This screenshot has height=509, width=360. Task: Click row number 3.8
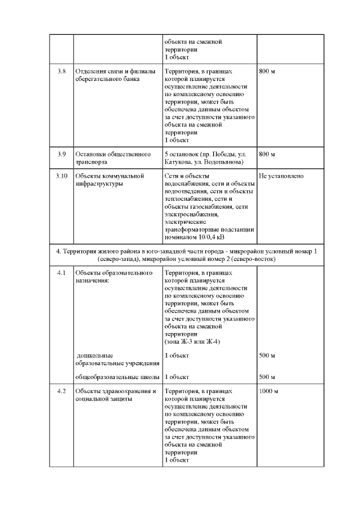(62, 71)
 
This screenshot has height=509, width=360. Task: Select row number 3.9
(62, 154)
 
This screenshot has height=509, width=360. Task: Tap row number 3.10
(62, 176)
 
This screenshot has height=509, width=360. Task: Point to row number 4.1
(62, 273)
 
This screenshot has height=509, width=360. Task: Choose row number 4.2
(62, 391)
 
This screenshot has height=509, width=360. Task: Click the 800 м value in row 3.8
(267, 71)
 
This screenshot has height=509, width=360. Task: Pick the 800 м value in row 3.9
(267, 154)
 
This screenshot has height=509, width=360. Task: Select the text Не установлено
(282, 176)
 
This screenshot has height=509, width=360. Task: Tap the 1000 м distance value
(269, 391)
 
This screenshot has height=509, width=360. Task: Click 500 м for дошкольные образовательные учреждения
(267, 355)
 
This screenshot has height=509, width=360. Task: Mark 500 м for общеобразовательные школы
(267, 377)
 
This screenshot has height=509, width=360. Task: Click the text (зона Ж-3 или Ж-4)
(192, 341)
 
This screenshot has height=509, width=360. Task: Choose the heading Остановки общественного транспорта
(112, 158)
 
